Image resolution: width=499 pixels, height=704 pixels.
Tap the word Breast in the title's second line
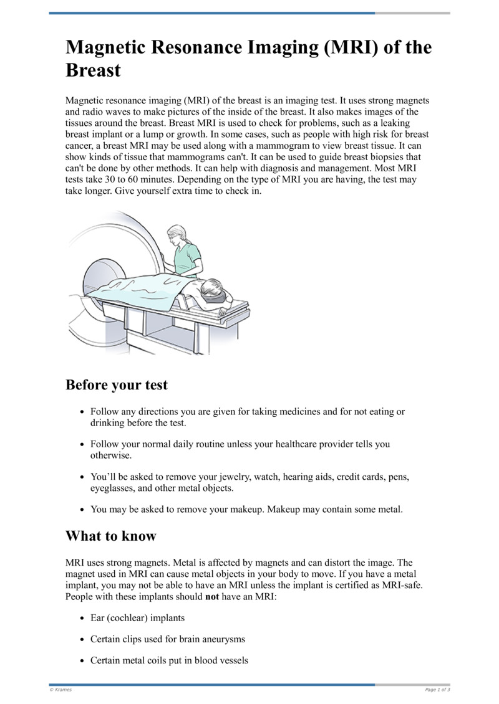(x=93, y=70)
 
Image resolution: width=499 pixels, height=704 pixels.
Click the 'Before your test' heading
(x=117, y=385)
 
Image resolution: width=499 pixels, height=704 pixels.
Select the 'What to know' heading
(x=111, y=536)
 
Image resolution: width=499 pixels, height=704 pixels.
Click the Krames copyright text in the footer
(x=61, y=690)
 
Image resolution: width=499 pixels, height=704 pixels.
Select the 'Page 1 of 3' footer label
(x=437, y=690)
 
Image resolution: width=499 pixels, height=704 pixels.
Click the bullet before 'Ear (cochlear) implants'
(x=83, y=618)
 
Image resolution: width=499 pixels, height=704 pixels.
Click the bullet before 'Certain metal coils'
(x=83, y=660)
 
